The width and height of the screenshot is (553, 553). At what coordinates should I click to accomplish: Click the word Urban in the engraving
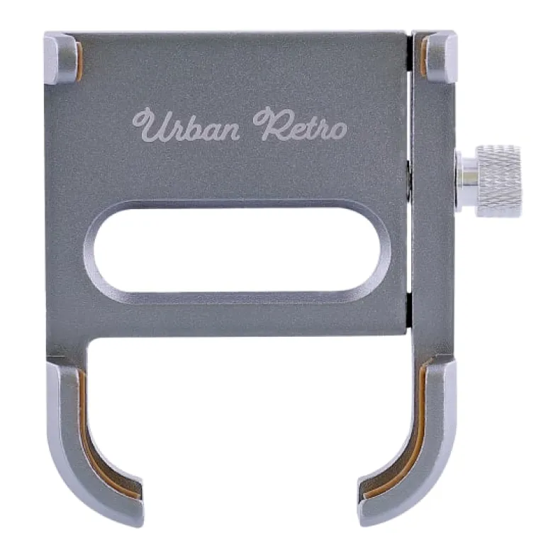tap(186, 125)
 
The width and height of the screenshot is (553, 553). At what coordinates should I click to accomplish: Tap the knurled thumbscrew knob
tap(498, 181)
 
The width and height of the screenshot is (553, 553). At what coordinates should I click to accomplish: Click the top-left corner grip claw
tap(61, 59)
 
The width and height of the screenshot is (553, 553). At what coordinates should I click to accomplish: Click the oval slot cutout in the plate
tap(238, 250)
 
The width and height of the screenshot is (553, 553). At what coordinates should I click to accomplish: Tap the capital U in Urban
tap(150, 125)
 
